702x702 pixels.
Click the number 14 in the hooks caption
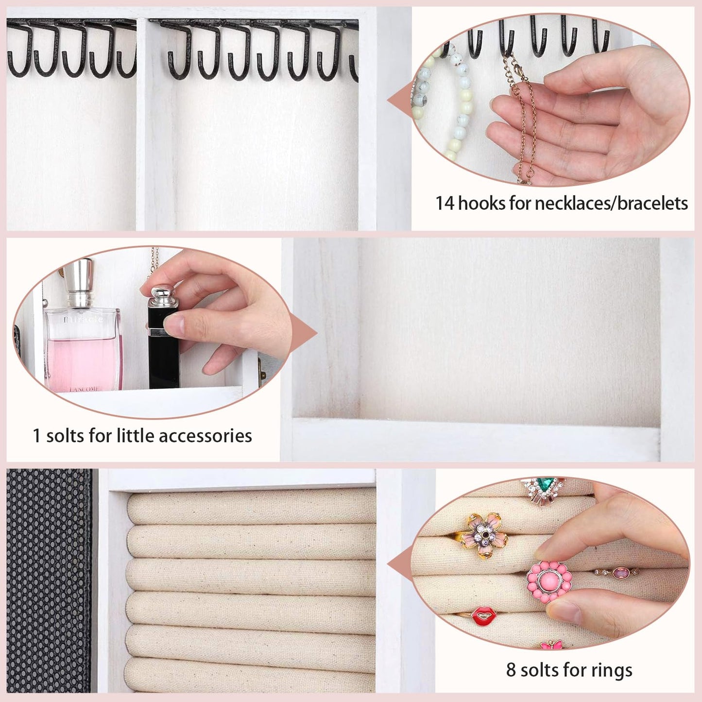click(x=445, y=203)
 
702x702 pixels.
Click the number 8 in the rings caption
click(x=511, y=669)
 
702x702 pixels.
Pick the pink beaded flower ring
click(x=548, y=582)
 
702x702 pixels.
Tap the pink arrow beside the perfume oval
click(x=304, y=332)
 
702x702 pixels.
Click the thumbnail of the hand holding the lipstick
click(x=153, y=332)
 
